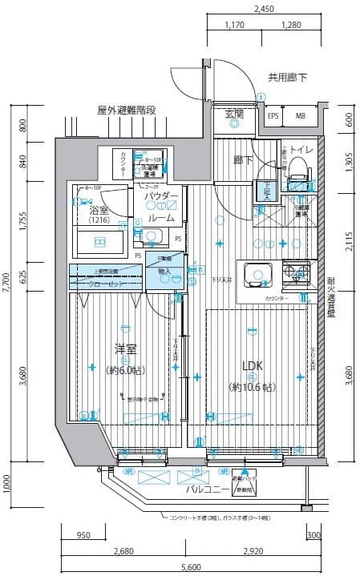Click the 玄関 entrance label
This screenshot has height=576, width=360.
click(234, 113)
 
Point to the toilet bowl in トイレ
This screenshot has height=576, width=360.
click(297, 167)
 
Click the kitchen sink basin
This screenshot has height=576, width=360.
click(257, 274)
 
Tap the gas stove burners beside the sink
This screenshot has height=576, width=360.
click(297, 274)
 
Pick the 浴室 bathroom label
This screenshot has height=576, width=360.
click(99, 207)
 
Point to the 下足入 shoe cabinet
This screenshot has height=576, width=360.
click(265, 189)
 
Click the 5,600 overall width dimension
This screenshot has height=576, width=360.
click(190, 566)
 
